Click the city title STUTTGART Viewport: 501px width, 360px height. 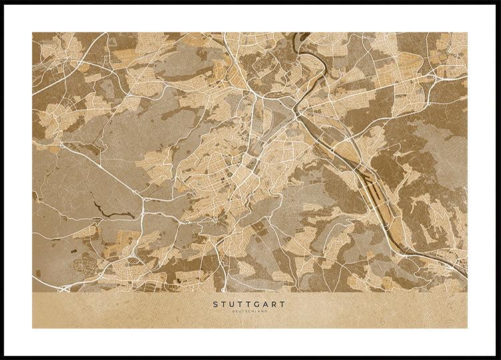pos(249,304)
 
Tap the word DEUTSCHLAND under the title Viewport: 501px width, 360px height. pos(249,311)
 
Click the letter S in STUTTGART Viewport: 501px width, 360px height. pos(216,304)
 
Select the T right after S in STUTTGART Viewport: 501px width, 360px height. pos(224,304)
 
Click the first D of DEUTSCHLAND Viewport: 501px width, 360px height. pos(233,311)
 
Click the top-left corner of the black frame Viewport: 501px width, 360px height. pos(2,2)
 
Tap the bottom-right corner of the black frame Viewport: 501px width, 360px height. pos(498,357)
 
